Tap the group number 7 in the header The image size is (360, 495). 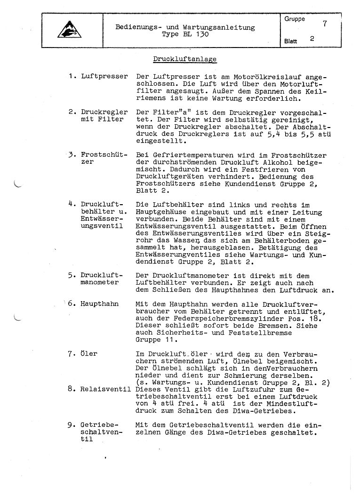click(325, 23)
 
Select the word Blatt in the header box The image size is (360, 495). click(290, 41)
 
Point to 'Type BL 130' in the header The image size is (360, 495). click(185, 34)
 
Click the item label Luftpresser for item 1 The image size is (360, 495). click(104, 76)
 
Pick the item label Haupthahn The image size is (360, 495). click(100, 304)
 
